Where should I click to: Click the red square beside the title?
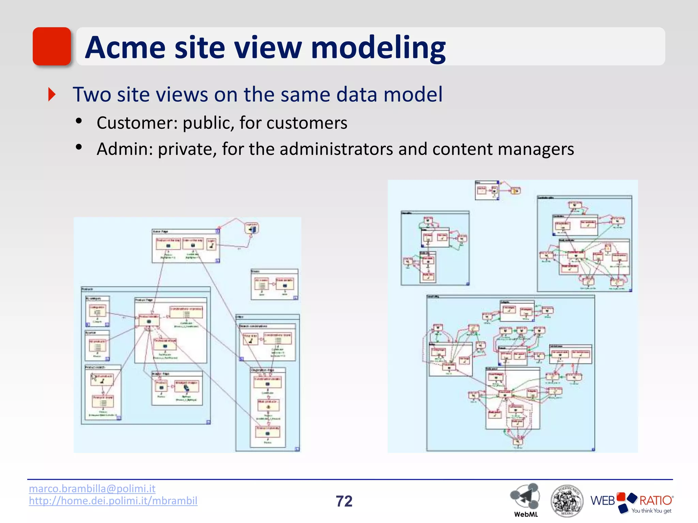tap(51, 46)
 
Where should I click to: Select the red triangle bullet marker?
tap(52, 94)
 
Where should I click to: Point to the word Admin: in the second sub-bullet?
tap(125, 149)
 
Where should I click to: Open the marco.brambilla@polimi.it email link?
tap(92, 488)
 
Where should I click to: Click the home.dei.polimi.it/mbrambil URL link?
tap(113, 501)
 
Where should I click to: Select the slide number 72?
tap(344, 501)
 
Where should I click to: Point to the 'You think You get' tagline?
tap(651, 511)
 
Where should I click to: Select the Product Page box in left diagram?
tap(170, 330)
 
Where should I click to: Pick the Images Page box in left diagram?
tap(177, 388)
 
